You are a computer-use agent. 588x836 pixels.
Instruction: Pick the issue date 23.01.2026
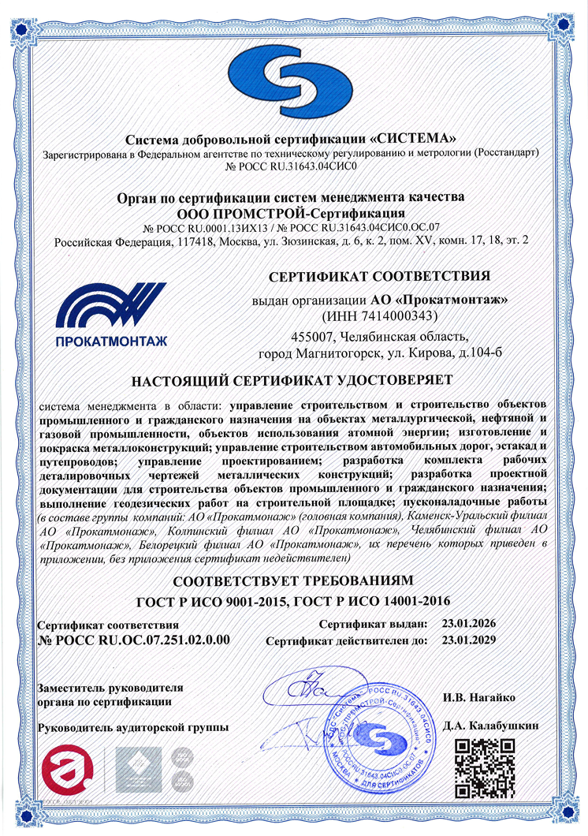point(475,624)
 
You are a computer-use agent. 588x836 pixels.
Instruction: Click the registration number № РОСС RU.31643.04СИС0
point(292,167)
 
